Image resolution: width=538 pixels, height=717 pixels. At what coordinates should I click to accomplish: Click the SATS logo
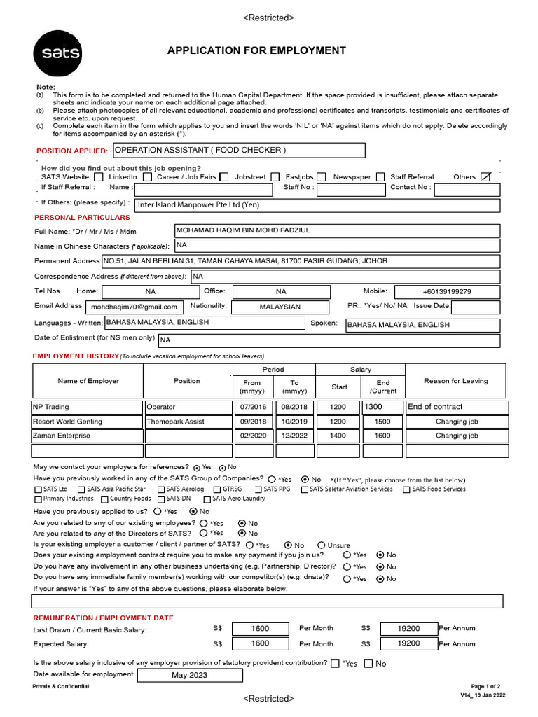(57, 53)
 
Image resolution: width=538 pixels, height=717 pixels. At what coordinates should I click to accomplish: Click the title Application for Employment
(256, 50)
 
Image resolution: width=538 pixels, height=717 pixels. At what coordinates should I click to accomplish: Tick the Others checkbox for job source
(486, 177)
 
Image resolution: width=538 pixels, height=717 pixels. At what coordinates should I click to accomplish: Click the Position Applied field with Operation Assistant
(238, 150)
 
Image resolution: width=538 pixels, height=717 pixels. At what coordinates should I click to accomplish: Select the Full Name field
(336, 231)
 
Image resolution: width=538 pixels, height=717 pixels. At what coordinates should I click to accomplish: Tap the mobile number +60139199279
(447, 291)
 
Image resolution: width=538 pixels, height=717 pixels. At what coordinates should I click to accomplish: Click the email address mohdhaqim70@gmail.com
(134, 307)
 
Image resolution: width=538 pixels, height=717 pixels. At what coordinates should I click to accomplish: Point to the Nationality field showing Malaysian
(280, 307)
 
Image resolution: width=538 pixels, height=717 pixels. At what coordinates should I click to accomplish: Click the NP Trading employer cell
(87, 407)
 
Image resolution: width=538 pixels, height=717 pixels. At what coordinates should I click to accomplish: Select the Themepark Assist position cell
(188, 422)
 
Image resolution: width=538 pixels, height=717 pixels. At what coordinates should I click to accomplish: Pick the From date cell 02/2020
(253, 436)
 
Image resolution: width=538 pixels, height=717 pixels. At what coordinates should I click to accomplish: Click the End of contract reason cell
(457, 407)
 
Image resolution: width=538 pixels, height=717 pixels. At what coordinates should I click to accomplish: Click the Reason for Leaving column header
(456, 381)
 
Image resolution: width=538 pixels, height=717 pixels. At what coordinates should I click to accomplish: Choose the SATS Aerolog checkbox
(163, 489)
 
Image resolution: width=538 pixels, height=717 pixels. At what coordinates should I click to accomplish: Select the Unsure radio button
(322, 545)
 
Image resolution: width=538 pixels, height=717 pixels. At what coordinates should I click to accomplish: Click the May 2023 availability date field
(190, 676)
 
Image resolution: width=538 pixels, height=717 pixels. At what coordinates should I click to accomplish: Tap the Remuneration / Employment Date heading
(104, 618)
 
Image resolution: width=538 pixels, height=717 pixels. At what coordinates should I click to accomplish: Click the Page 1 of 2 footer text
(485, 687)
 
